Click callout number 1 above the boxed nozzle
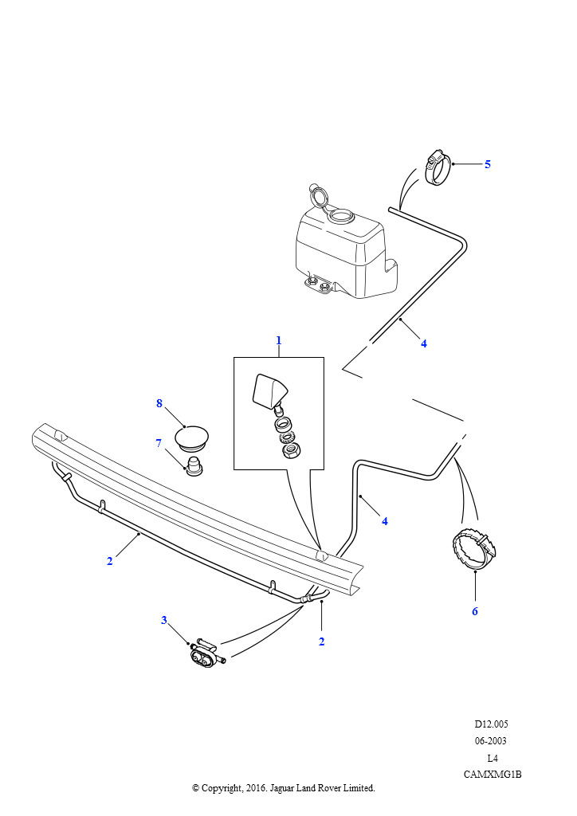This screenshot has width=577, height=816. click(278, 341)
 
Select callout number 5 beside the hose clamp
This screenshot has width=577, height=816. click(488, 164)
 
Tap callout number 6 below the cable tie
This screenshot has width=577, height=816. click(474, 611)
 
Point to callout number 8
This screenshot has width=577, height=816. click(159, 403)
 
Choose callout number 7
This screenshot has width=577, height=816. click(159, 443)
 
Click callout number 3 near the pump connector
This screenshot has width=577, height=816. click(164, 620)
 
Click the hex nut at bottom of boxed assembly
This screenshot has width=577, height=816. click(288, 451)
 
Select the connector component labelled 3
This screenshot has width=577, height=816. click(206, 653)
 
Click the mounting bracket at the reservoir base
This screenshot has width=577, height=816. click(319, 284)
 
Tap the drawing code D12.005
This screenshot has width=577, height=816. click(491, 724)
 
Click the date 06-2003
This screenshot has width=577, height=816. click(491, 741)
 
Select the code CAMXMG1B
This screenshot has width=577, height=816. click(493, 775)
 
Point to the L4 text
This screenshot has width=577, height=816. click(493, 758)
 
